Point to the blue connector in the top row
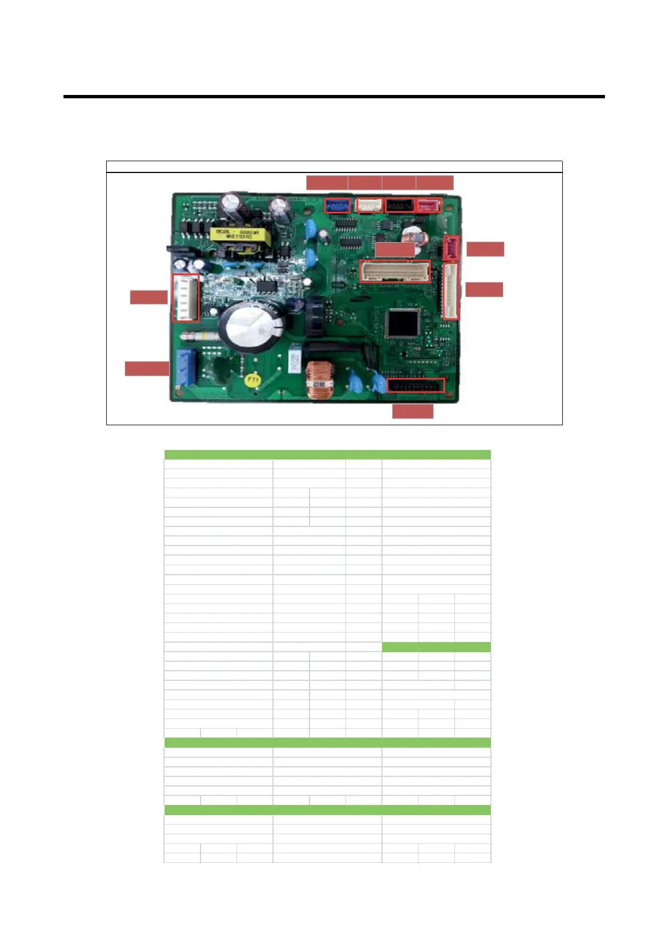[x=337, y=206]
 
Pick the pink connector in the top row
[x=429, y=206]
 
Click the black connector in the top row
[x=399, y=206]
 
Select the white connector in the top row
[x=369, y=206]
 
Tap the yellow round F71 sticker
[x=253, y=380]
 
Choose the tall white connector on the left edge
[x=185, y=298]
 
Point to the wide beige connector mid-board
[x=394, y=271]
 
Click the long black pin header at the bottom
[x=416, y=385]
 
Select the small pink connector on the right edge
[x=451, y=248]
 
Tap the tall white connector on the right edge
[x=450, y=291]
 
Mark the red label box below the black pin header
[x=412, y=411]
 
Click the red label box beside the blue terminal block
[x=147, y=369]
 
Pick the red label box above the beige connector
[x=394, y=249]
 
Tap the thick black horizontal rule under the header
[x=334, y=97]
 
